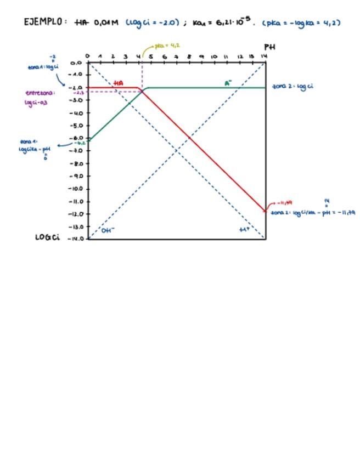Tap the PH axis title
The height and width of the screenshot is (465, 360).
(269, 47)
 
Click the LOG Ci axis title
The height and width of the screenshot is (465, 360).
(47, 237)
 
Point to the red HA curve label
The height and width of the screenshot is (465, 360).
(118, 83)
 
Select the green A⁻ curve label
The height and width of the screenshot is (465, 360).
(228, 83)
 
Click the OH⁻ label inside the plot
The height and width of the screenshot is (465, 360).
(108, 230)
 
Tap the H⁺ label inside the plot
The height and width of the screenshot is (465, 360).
(244, 230)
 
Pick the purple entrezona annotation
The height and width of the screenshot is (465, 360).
(40, 97)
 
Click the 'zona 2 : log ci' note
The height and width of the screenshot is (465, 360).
(292, 87)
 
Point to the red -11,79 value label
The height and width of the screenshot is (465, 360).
(285, 202)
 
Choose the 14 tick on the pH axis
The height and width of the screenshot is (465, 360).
(264, 56)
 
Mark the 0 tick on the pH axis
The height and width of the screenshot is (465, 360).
(88, 56)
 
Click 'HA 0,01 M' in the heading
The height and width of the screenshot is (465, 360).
(95, 22)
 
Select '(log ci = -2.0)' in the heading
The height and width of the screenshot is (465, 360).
(153, 22)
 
